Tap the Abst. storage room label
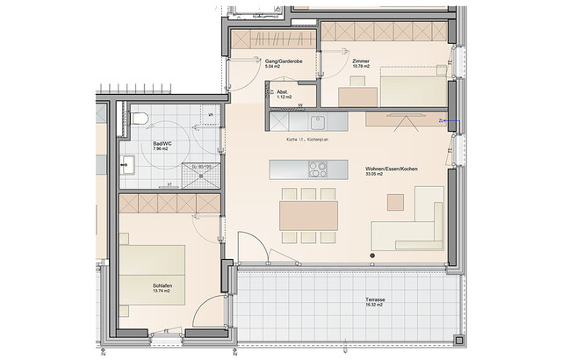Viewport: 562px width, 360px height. pyautogui.click(x=281, y=91)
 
